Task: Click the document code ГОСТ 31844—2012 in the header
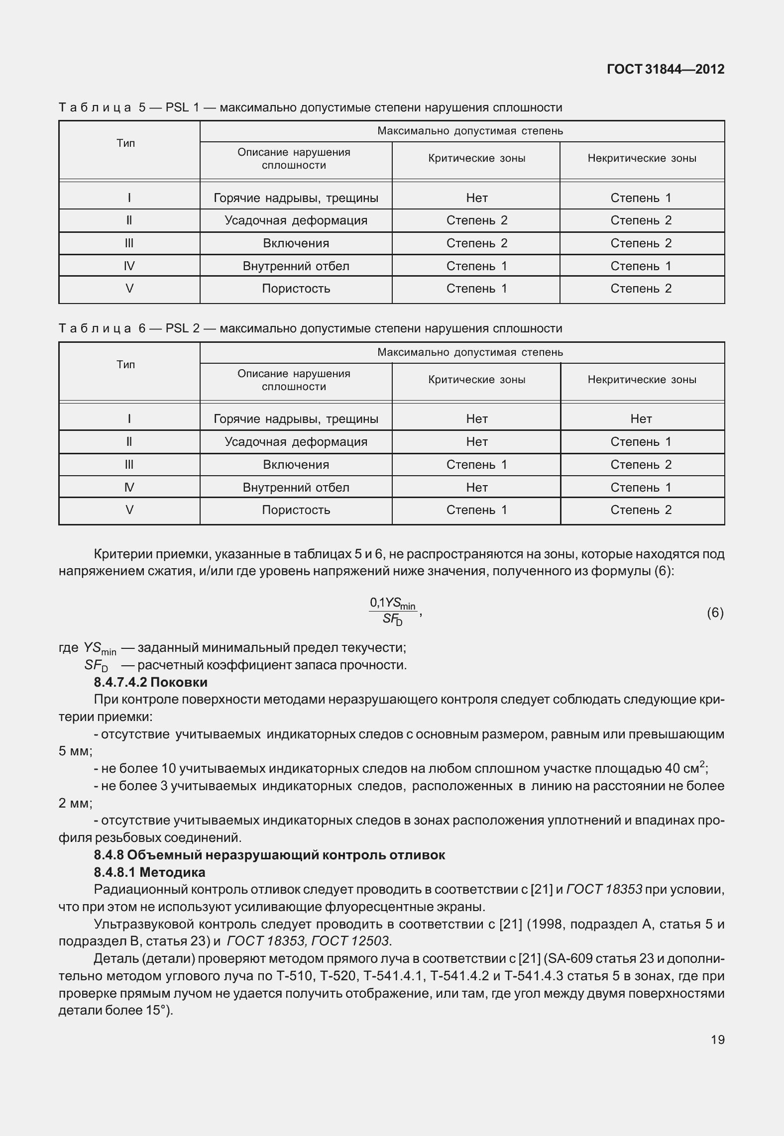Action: [x=666, y=69]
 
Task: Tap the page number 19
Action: [x=717, y=1039]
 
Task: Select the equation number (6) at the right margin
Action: [x=715, y=613]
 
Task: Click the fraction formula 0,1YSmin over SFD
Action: [x=393, y=612]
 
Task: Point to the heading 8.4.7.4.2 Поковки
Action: [x=150, y=682]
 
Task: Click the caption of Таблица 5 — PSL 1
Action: [x=310, y=107]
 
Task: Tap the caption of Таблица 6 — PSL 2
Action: [x=310, y=328]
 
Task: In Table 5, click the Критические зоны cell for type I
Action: [x=476, y=198]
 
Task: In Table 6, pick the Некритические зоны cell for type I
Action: [x=641, y=419]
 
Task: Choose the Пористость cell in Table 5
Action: [x=296, y=289]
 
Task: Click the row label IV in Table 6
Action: [x=129, y=487]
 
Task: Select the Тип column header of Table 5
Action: [x=125, y=144]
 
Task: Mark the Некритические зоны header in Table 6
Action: [x=642, y=380]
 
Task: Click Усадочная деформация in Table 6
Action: [x=296, y=442]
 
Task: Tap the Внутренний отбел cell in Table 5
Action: [x=296, y=266]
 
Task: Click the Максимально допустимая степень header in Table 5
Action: [x=470, y=131]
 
